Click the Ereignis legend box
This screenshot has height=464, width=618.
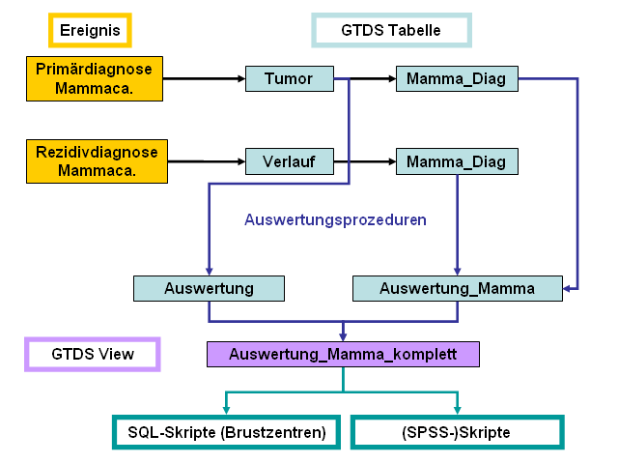click(90, 30)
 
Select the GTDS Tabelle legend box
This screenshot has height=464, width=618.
click(391, 30)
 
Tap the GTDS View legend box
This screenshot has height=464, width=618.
click(92, 354)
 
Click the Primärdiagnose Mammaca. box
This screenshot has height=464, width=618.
click(95, 78)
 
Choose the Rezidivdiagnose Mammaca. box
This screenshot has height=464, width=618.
click(95, 160)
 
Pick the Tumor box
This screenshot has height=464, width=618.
click(290, 78)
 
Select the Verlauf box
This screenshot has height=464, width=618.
click(290, 160)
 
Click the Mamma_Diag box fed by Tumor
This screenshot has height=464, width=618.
click(457, 78)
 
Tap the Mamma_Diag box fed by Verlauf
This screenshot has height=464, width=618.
click(457, 160)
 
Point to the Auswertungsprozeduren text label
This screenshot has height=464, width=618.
click(335, 219)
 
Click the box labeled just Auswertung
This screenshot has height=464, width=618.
click(209, 288)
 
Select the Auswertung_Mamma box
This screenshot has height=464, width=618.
click(457, 288)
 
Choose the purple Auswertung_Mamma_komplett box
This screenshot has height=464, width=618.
click(343, 354)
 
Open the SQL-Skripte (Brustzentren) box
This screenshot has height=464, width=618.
click(225, 432)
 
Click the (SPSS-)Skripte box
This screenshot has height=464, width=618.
click(457, 432)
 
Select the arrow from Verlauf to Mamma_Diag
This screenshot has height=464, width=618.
click(365, 160)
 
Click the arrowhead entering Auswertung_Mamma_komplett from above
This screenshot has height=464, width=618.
click(343, 335)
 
